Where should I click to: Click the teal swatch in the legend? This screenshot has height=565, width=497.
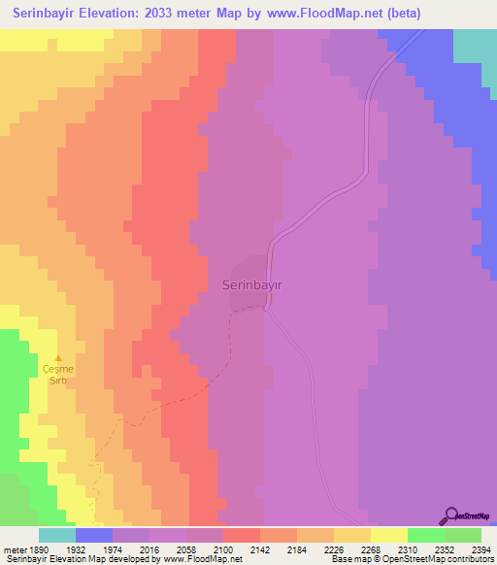pos(57,535)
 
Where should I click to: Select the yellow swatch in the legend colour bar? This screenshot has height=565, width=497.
pos(389,535)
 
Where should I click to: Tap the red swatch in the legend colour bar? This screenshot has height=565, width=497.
pos(242,535)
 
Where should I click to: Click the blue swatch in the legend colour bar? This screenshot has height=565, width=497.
pos(94,535)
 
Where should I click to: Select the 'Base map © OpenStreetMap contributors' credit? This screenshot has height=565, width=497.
pos(411,560)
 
